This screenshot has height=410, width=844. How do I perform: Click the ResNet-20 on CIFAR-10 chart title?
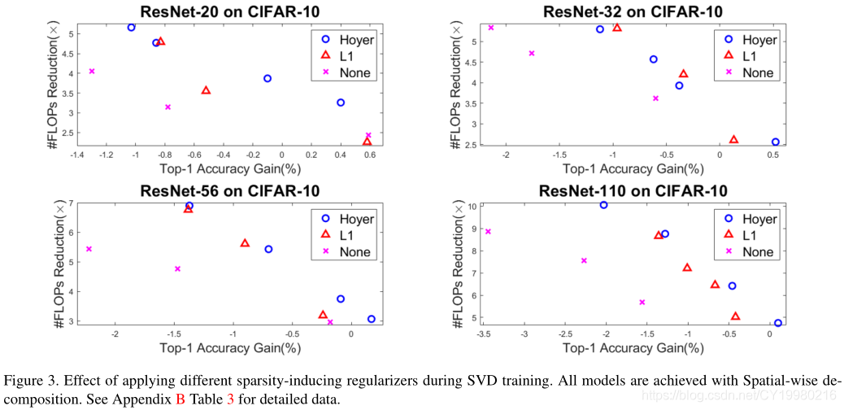[229, 11]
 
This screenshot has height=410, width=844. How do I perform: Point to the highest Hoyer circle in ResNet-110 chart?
[604, 205]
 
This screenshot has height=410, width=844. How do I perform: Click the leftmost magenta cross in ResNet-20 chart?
[92, 72]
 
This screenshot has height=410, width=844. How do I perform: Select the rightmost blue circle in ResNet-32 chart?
[776, 142]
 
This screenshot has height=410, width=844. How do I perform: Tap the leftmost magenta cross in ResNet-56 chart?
[89, 249]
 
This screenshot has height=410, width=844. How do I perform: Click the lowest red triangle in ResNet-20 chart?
[367, 142]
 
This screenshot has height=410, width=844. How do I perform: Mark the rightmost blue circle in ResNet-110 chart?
[778, 323]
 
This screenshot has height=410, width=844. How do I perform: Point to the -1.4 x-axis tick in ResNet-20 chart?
[78, 155]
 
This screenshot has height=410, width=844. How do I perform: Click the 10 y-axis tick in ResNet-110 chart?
[473, 207]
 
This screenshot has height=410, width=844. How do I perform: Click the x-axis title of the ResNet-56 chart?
[230, 348]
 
